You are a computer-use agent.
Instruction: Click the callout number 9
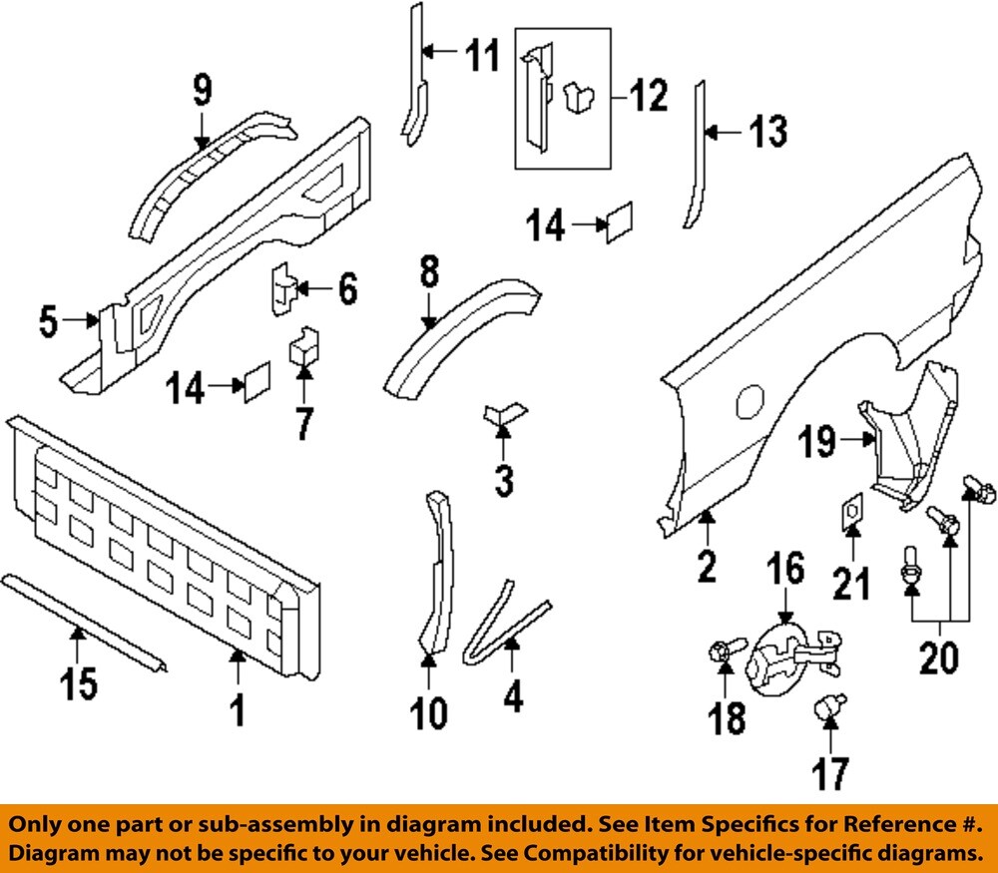point(203,92)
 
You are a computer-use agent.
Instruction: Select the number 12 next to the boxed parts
point(646,97)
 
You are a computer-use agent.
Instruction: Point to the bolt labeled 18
point(724,652)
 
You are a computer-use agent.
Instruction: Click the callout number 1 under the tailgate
point(237,711)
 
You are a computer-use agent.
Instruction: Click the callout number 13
point(767,131)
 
